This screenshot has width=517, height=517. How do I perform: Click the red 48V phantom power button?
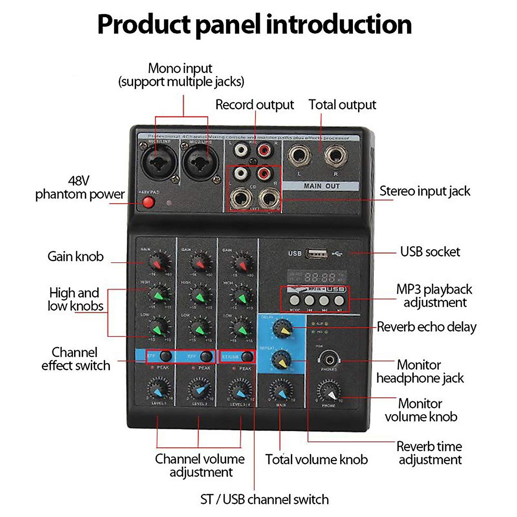click(148, 202)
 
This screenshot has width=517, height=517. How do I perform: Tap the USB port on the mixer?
click(316, 253)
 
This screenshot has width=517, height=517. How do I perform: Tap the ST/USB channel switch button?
click(247, 357)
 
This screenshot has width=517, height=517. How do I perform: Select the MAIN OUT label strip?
click(321, 186)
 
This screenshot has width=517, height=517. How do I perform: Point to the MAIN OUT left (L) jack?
click(300, 156)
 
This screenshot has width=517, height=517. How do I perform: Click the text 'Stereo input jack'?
click(425, 191)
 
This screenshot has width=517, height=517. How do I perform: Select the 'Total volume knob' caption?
click(316, 459)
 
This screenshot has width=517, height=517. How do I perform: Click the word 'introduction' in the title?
click(339, 25)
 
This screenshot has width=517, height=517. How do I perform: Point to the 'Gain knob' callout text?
click(75, 256)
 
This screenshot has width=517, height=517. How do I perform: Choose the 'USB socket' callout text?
click(430, 252)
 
